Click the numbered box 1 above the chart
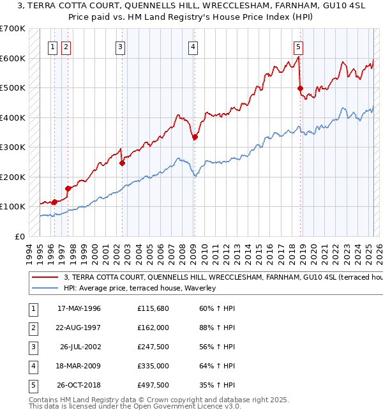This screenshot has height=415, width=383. click(x=52, y=46)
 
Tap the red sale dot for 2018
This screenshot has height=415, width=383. click(x=301, y=89)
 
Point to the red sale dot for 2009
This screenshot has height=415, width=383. click(x=195, y=137)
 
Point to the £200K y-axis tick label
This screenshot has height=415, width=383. click(x=13, y=177)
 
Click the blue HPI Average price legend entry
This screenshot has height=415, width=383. click(x=140, y=289)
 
